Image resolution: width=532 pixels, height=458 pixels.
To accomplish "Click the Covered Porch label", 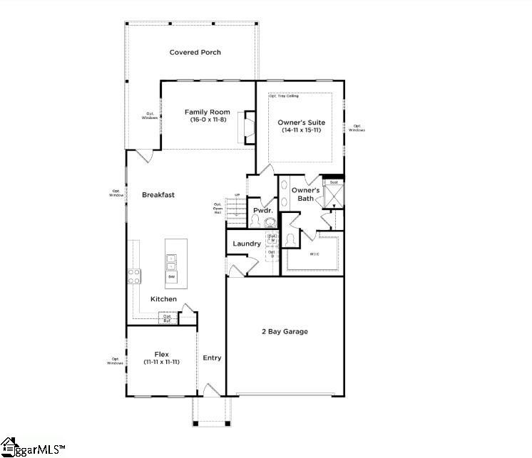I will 195,52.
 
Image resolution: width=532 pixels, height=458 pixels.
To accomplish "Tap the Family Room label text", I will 207,112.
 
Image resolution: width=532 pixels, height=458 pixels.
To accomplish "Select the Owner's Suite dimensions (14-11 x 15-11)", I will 300,130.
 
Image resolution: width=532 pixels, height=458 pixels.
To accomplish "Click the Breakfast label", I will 158,194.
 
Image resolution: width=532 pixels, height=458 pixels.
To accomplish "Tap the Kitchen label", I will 163,299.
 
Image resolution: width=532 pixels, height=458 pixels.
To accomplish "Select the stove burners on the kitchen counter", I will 133,275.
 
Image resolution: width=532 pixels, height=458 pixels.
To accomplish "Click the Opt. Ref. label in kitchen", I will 167,318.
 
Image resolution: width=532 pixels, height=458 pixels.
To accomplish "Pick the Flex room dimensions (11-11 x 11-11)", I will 160,362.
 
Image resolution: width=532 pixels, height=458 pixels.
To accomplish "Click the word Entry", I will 212,358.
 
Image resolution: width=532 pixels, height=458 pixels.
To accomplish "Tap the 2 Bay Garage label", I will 285,331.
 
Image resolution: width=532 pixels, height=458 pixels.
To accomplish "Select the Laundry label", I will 247,244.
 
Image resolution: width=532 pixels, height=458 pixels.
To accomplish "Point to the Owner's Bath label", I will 305,194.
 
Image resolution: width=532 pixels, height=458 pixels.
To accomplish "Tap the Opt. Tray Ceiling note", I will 284,95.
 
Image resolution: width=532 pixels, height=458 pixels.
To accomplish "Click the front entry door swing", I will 211,390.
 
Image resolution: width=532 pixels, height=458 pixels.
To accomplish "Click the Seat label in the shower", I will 333,182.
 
